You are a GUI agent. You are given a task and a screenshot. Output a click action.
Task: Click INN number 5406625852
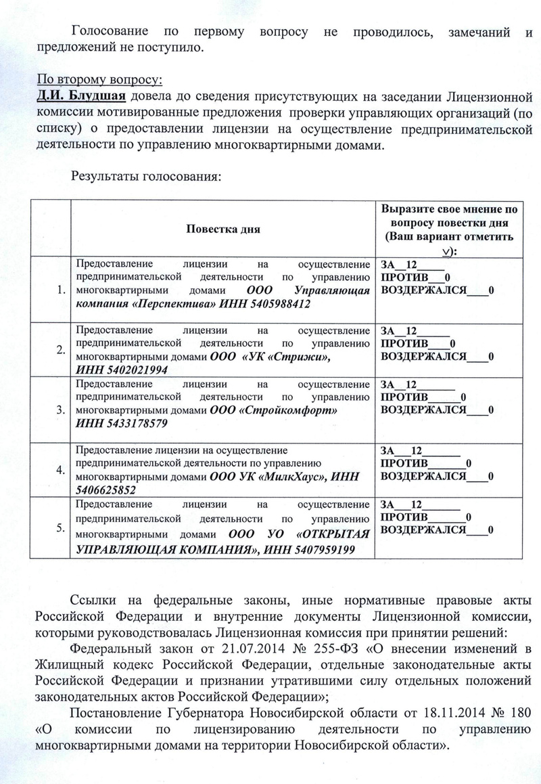pyautogui.click(x=105, y=489)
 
